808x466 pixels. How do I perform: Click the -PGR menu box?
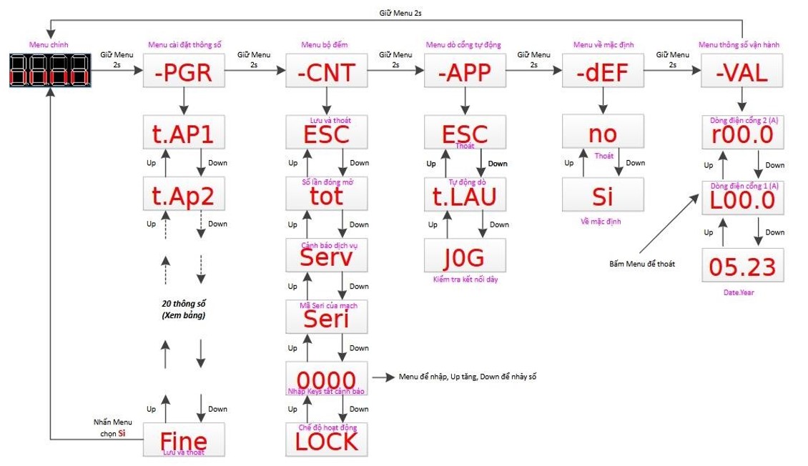(184, 72)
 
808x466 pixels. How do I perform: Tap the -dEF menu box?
(603, 72)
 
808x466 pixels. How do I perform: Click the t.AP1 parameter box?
(184, 133)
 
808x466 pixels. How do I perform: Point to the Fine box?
(184, 440)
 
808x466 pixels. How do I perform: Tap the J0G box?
(465, 255)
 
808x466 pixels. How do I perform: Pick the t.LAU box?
(465, 194)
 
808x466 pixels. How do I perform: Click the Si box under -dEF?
(603, 194)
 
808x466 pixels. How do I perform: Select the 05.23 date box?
(742, 266)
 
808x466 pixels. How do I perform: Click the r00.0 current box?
(742, 134)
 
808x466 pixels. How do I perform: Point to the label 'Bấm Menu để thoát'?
(642, 264)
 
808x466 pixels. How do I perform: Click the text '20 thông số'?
(184, 303)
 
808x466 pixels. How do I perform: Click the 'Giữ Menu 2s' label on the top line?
(404, 13)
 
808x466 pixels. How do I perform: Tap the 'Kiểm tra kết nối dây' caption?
(465, 279)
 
